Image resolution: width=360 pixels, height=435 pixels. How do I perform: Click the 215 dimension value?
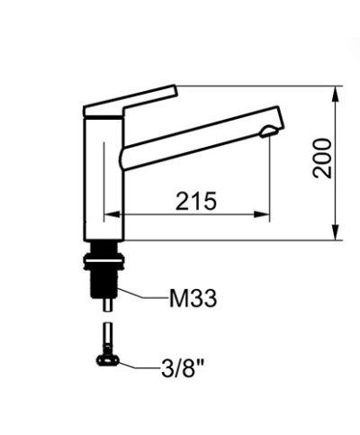[195, 201]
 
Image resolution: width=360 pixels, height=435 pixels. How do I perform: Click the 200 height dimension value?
[322, 159]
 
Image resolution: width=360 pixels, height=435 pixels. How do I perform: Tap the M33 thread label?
[193, 298]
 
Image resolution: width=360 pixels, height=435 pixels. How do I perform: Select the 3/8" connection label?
[183, 367]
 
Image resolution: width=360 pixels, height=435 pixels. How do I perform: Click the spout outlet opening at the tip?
[269, 131]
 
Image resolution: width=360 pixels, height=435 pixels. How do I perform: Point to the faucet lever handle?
[130, 101]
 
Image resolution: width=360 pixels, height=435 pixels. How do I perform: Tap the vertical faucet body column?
[103, 177]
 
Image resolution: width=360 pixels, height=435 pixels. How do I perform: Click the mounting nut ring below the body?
[103, 260]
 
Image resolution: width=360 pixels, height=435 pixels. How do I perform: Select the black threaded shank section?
[103, 282]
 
